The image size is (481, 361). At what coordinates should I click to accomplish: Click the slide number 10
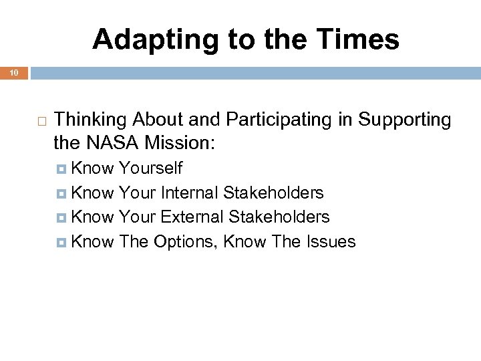[13, 72]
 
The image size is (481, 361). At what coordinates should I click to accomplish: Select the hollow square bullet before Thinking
[41, 120]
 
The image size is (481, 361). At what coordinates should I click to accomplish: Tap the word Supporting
[405, 120]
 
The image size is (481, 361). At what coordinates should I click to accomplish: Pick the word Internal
[190, 193]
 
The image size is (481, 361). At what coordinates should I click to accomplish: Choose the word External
[192, 217]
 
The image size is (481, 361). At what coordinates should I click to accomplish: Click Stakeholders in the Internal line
[273, 193]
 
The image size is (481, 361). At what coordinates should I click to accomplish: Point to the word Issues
[332, 241]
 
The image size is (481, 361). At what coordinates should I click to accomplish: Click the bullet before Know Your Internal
[63, 194]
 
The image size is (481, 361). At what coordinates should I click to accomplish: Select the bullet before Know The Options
[63, 242]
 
